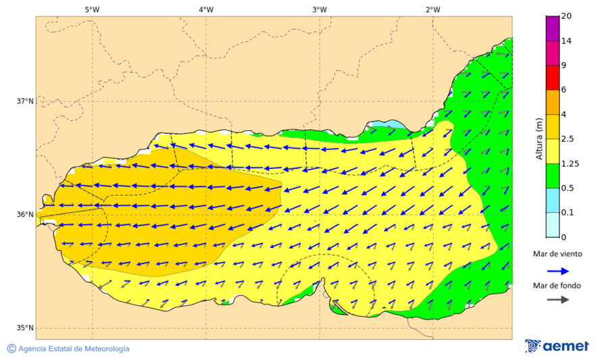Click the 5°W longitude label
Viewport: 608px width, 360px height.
tap(92, 9)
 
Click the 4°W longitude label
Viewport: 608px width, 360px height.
tap(206, 9)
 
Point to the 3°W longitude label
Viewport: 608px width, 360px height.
tap(320, 9)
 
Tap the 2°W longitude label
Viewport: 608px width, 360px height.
tap(433, 9)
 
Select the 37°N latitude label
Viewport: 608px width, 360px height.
tap(25, 101)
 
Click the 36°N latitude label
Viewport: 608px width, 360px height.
tap(25, 215)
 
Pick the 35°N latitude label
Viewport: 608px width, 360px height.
tap(25, 328)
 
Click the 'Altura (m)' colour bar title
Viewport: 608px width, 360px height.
tap(539, 138)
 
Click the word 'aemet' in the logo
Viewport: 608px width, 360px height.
tap(566, 346)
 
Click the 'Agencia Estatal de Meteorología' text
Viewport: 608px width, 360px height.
tap(74, 349)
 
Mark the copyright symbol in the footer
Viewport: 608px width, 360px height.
tap(11, 349)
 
